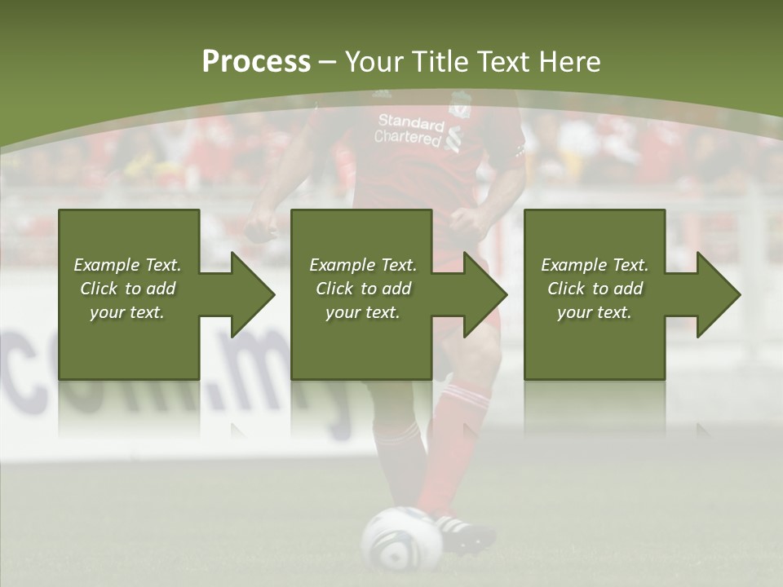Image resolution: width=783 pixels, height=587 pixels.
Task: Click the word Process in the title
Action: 256,61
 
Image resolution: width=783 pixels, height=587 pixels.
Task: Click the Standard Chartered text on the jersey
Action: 410,130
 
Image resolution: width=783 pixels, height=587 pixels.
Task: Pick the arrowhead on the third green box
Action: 719,294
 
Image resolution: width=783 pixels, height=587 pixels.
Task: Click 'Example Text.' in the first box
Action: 127,265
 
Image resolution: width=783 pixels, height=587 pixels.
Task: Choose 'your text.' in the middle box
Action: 363,312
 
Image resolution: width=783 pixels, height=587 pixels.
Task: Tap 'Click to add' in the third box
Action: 595,289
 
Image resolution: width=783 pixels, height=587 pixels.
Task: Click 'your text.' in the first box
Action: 127,312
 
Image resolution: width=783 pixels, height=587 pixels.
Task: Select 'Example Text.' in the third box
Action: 595,265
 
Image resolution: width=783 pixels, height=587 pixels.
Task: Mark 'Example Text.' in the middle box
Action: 363,265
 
